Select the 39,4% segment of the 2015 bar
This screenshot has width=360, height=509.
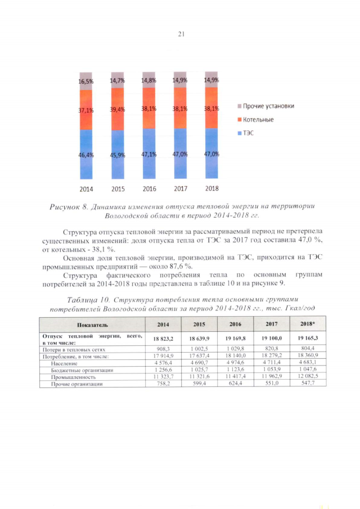click(118, 110)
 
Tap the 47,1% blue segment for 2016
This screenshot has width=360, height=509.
click(149, 154)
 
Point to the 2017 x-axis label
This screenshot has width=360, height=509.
click(181, 188)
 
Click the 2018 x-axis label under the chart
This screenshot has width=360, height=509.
click(211, 188)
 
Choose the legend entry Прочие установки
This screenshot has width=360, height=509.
click(268, 106)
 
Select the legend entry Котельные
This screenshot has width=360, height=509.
click(258, 120)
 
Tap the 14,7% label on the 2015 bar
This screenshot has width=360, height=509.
click(118, 81)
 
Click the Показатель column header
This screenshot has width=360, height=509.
click(93, 325)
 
